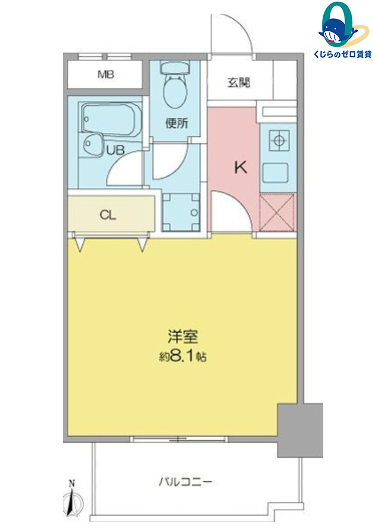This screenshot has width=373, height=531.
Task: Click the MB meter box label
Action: tap(106, 75)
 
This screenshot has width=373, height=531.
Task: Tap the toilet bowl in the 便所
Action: tap(175, 87)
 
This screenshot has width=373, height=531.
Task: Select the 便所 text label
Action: tap(176, 123)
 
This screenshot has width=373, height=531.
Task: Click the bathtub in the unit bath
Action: tap(111, 119)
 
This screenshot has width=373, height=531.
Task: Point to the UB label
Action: tap(115, 150)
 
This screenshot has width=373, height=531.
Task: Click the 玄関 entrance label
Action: tap(239, 82)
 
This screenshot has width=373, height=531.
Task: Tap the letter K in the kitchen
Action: tap(241, 167)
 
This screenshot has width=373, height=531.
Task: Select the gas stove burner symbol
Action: tap(279, 140)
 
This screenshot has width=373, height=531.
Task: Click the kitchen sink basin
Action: tap(275, 173)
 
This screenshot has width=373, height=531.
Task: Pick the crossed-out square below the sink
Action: tap(276, 212)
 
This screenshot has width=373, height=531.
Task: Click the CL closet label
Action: tap(108, 215)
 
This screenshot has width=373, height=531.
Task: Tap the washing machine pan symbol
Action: tap(181, 212)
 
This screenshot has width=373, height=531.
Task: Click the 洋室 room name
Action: tap(183, 336)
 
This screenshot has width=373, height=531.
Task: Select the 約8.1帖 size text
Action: tap(183, 356)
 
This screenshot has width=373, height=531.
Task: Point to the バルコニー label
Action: tap(185, 481)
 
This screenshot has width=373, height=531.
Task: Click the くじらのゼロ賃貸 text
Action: tap(342, 54)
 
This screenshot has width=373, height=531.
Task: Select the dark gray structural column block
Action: tap(300, 430)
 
